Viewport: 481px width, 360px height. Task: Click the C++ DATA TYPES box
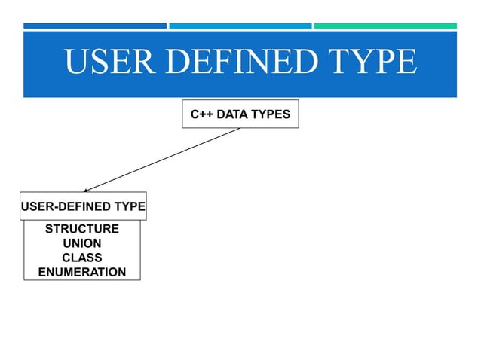tap(240, 114)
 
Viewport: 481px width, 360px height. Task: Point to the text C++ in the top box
tap(200, 114)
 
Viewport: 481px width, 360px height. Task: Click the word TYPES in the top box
tap(271, 114)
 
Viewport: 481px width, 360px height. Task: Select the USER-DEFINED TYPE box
tap(82, 206)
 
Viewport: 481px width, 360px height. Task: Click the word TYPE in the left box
tap(130, 206)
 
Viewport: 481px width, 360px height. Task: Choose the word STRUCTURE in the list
tap(82, 229)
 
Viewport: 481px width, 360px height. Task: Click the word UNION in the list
tap(82, 243)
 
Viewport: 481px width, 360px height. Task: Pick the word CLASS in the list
tap(82, 258)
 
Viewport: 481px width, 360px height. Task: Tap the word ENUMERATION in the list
tap(82, 272)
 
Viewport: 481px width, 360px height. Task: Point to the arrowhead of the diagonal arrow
tap(86, 191)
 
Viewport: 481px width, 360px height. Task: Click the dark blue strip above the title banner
tap(95, 26)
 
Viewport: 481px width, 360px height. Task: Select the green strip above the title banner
tap(385, 26)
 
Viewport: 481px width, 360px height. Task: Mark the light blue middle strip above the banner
tap(240, 26)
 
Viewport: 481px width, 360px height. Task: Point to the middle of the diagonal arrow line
tap(162, 160)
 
